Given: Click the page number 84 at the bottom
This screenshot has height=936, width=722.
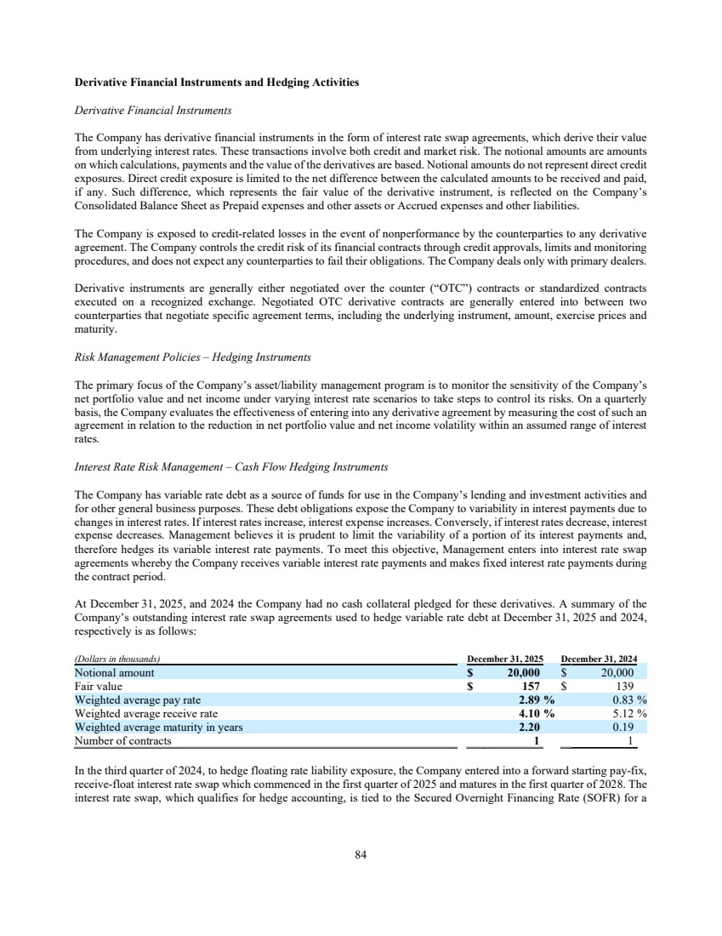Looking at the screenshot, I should [x=361, y=855].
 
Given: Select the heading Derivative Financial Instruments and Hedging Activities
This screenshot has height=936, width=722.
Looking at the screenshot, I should [x=217, y=83].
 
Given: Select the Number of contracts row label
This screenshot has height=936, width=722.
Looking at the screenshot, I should [x=123, y=740].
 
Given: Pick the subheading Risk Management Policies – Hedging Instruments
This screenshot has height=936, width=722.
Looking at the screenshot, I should [x=193, y=356].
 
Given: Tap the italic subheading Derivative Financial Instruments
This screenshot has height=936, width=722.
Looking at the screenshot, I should [x=154, y=111].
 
